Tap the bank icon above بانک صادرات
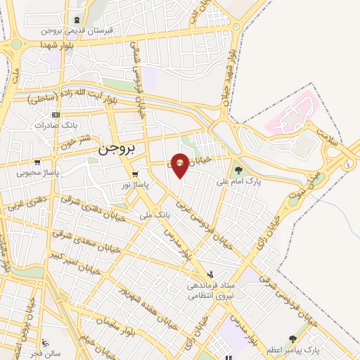pyautogui.click(x=56, y=115)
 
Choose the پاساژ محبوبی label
pyautogui.click(x=38, y=171)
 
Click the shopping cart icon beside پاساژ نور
pyautogui.click(x=135, y=173)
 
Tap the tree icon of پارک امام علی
pyautogui.click(x=238, y=169)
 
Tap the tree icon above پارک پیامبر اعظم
pyautogui.click(x=292, y=339)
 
